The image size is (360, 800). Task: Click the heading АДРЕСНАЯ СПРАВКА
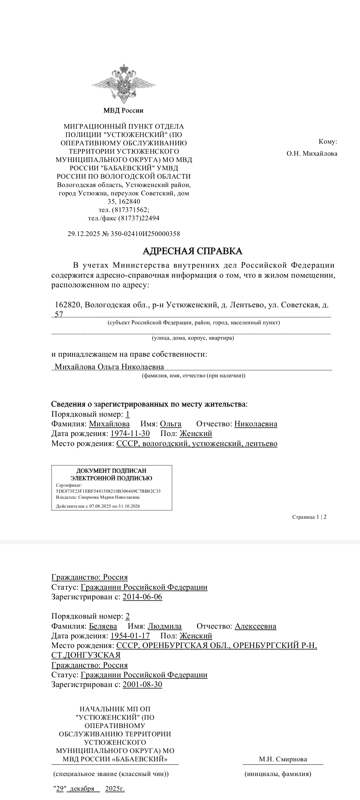tap(192, 251)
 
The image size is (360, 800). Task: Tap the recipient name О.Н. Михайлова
tap(312, 154)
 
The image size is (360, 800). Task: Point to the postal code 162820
tap(68, 305)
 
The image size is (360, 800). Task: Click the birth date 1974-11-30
tap(130, 434)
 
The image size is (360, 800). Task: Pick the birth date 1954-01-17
tap(130, 636)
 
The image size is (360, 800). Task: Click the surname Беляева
tap(103, 626)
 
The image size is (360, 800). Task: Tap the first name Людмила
tap(165, 626)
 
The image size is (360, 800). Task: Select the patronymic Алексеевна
tap(255, 626)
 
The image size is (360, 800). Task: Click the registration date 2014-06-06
tap(142, 597)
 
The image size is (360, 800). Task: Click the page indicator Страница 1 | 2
tap(309, 517)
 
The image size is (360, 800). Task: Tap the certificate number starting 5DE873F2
tap(108, 491)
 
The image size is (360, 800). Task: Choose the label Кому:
tap(328, 142)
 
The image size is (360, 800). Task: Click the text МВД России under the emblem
tap(123, 110)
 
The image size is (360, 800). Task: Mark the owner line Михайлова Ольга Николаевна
tap(109, 367)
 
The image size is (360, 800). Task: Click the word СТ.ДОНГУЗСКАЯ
tap(86, 655)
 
